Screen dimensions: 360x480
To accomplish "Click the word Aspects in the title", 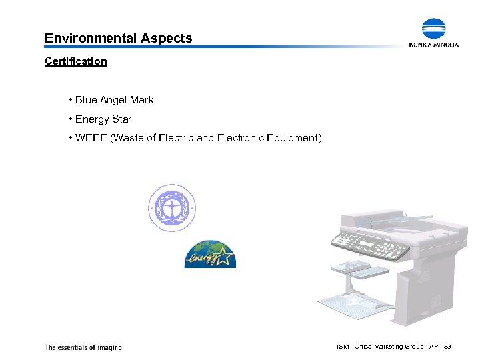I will click(x=166, y=38).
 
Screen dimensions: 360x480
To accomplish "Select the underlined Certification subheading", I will click(x=75, y=61).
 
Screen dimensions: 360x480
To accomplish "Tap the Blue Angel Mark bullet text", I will click(x=114, y=100).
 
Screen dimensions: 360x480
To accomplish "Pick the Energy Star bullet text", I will click(x=103, y=119).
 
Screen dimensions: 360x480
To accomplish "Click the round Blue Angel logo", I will click(x=172, y=208).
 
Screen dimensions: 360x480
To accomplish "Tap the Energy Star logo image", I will click(x=210, y=254).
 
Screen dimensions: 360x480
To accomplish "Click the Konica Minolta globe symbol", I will click(x=433, y=29).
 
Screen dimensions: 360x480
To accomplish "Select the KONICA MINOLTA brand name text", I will click(x=433, y=45).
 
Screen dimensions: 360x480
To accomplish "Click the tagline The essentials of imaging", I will click(x=83, y=347).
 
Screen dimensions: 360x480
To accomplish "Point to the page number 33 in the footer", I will click(x=447, y=346).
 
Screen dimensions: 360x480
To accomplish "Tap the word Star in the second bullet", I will click(x=121, y=119).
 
